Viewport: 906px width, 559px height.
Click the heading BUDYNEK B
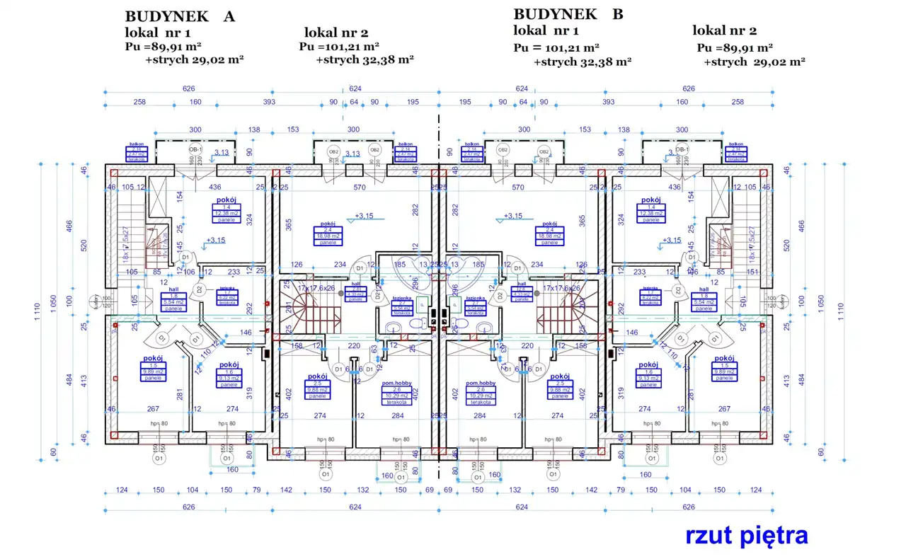568,14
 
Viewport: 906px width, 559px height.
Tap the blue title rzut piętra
746,536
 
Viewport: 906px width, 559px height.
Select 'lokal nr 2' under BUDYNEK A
336,33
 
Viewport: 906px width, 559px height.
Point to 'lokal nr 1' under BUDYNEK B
546,30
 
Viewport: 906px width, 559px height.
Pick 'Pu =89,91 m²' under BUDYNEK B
734,48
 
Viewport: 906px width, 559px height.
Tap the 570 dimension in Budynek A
360,188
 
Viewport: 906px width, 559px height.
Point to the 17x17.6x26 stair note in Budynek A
316,288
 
